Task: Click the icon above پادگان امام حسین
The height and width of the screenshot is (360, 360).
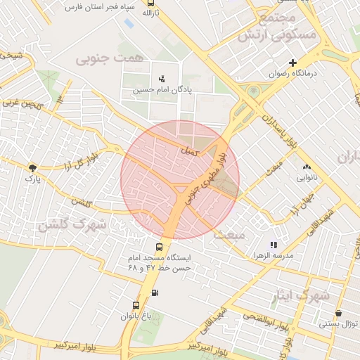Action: [x=162, y=79]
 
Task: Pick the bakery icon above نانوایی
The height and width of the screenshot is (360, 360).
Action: [x=306, y=167]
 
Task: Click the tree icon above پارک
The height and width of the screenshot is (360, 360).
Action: [x=32, y=167]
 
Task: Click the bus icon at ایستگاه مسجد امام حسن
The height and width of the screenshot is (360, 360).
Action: [x=159, y=247]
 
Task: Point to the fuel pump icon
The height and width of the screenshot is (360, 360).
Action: [x=155, y=293]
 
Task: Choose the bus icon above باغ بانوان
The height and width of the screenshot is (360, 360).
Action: [x=136, y=305]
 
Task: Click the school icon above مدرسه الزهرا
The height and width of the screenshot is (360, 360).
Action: [x=274, y=245]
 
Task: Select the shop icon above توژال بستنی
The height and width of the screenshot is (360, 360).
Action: [x=339, y=314]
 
